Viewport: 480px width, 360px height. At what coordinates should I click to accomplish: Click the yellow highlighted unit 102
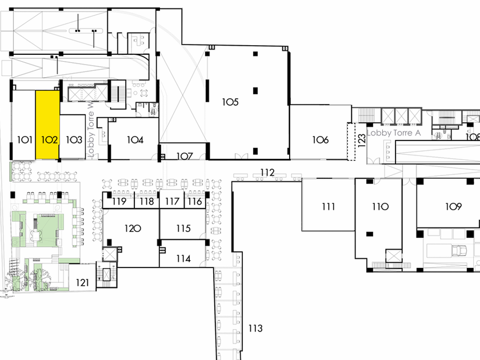point(48,126)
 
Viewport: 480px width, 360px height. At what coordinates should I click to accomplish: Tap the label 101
point(24,139)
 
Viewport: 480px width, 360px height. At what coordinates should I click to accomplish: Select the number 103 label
point(74,139)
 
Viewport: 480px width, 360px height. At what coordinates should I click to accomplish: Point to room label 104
point(135,139)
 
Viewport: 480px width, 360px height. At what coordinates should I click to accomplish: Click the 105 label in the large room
point(230,102)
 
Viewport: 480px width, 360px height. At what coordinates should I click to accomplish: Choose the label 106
point(321,139)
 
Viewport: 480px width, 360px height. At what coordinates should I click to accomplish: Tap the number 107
point(184,156)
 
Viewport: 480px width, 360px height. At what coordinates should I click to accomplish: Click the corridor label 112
point(267,173)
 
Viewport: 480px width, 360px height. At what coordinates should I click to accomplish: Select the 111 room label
point(328,207)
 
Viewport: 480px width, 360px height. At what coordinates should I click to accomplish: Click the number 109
point(454,207)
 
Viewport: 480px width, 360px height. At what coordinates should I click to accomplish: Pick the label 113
point(255,329)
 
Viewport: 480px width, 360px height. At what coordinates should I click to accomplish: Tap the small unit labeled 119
point(119,201)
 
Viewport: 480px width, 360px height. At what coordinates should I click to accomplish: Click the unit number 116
point(195,201)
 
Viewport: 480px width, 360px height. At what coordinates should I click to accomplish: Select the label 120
point(133,229)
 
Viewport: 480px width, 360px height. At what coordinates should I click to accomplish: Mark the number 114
point(183,258)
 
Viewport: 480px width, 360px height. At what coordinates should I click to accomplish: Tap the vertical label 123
point(361,141)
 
